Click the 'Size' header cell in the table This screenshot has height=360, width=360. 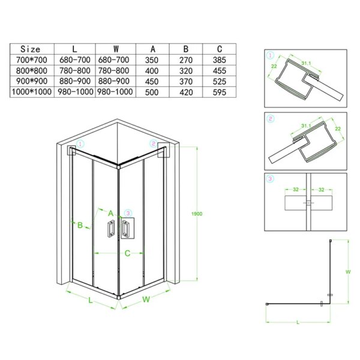[31, 49]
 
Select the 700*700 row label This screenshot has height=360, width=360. [31, 60]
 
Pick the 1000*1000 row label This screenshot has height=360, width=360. [31, 91]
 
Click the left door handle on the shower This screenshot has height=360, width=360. [111, 230]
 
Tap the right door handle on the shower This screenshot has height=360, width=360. [126, 230]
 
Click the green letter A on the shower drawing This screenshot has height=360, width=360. [111, 212]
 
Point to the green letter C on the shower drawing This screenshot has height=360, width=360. [127, 253]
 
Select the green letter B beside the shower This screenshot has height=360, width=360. [80, 225]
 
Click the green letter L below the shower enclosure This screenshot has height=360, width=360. [90, 302]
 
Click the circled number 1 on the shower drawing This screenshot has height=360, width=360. [82, 144]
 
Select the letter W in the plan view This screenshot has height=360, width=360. [347, 271]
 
